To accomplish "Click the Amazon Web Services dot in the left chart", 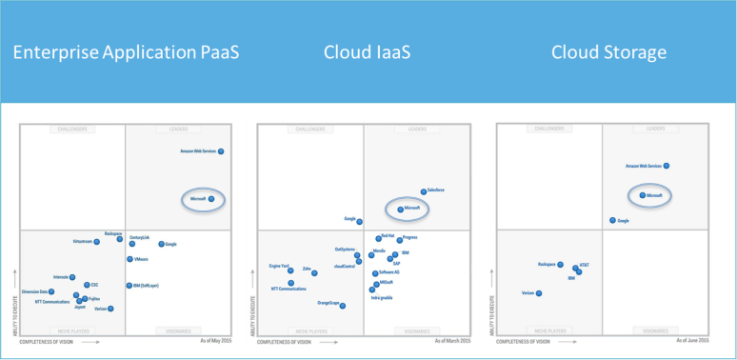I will point(220,151).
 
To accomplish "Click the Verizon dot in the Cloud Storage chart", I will point(539,293).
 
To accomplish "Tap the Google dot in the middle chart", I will point(360,221).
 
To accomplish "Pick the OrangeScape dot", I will point(343,305).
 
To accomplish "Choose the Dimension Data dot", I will point(51,292).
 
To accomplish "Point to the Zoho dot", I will point(314,272).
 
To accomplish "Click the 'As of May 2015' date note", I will point(215,339).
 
